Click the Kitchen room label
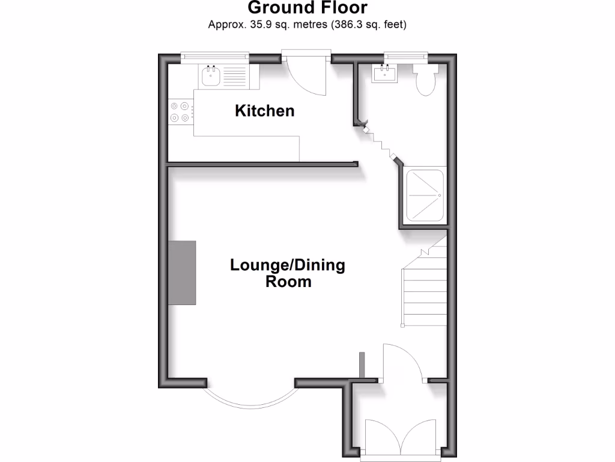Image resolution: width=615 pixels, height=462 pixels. pyautogui.click(x=264, y=111)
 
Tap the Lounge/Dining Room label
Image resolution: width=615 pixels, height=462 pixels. pyautogui.click(x=288, y=273)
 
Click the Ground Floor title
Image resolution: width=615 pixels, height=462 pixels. pyautogui.click(x=307, y=8)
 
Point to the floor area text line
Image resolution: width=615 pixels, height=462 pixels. pyautogui.click(x=307, y=25)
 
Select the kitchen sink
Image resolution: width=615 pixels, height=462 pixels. pyautogui.click(x=210, y=76)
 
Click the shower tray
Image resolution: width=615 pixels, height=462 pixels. pyautogui.click(x=425, y=196)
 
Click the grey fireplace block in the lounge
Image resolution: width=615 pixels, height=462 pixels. pyautogui.click(x=182, y=273)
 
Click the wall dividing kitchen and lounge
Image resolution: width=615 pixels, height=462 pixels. pyautogui.click(x=262, y=164)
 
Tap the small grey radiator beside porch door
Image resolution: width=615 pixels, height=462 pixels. pyautogui.click(x=362, y=364)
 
